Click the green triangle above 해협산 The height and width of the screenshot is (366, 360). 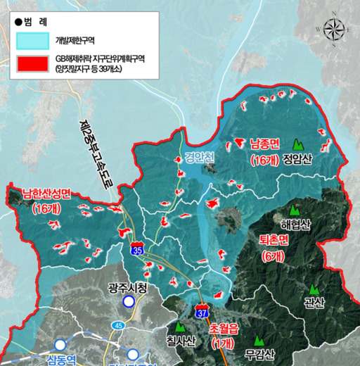(x=294, y=209)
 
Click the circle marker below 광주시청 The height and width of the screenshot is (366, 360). (x=129, y=302)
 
